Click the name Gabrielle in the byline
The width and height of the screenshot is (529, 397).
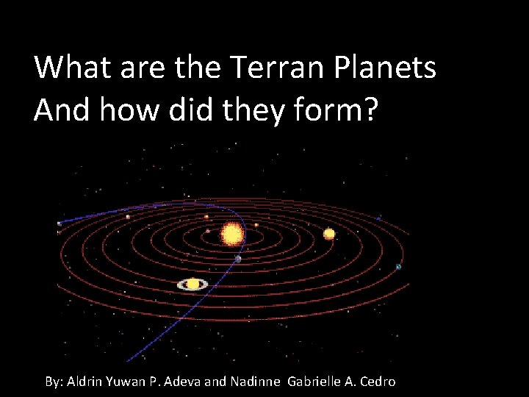(316, 382)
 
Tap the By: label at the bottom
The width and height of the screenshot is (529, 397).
(54, 382)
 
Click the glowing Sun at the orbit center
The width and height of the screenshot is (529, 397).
(232, 235)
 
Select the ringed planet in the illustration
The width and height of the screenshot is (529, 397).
(192, 284)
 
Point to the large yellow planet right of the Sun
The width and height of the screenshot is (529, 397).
(329, 234)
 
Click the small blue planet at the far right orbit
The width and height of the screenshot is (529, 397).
(399, 266)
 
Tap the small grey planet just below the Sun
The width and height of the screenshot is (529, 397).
(238, 259)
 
